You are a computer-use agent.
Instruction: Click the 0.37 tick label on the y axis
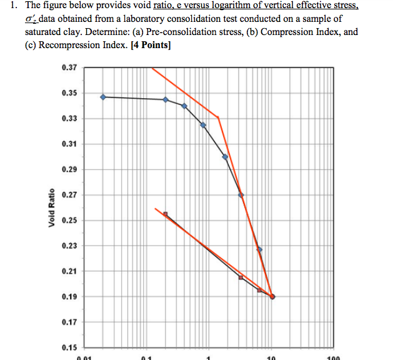pos(69,67)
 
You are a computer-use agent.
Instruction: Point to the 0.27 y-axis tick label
pos(69,195)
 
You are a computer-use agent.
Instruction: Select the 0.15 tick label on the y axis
pos(69,347)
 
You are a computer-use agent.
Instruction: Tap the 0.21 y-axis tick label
pos(69,271)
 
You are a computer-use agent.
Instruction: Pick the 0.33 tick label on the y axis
pos(69,119)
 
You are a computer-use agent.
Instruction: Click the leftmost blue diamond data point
pos(103,97)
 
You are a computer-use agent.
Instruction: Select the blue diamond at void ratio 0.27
pos(241,195)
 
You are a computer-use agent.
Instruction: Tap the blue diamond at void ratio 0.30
pos(225,157)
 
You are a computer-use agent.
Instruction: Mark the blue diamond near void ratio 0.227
pos(259,249)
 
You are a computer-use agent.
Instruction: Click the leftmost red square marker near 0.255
pos(166,214)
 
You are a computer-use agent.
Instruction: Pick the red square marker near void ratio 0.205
pos(241,277)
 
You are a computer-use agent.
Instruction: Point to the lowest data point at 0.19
pos(272,296)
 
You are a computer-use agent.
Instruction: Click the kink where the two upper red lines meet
pos(218,117)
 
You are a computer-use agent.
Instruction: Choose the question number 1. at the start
pos(16,6)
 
